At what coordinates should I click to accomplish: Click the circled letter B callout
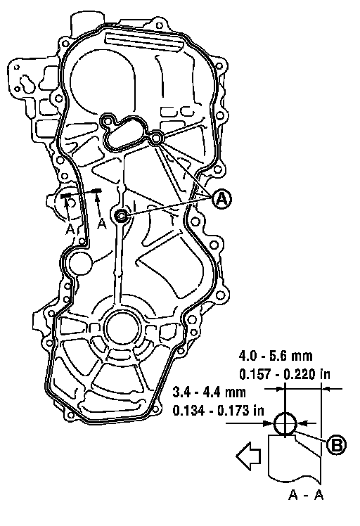point(337,445)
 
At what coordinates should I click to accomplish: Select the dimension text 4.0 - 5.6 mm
point(276,356)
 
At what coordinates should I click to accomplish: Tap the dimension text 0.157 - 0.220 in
point(285,373)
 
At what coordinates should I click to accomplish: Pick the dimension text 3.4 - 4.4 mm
point(210,392)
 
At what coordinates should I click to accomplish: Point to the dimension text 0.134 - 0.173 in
point(219,410)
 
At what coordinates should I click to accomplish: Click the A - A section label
point(306,495)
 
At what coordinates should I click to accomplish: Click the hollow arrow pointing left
point(249,456)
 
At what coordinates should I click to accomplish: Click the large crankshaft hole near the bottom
point(121,328)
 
